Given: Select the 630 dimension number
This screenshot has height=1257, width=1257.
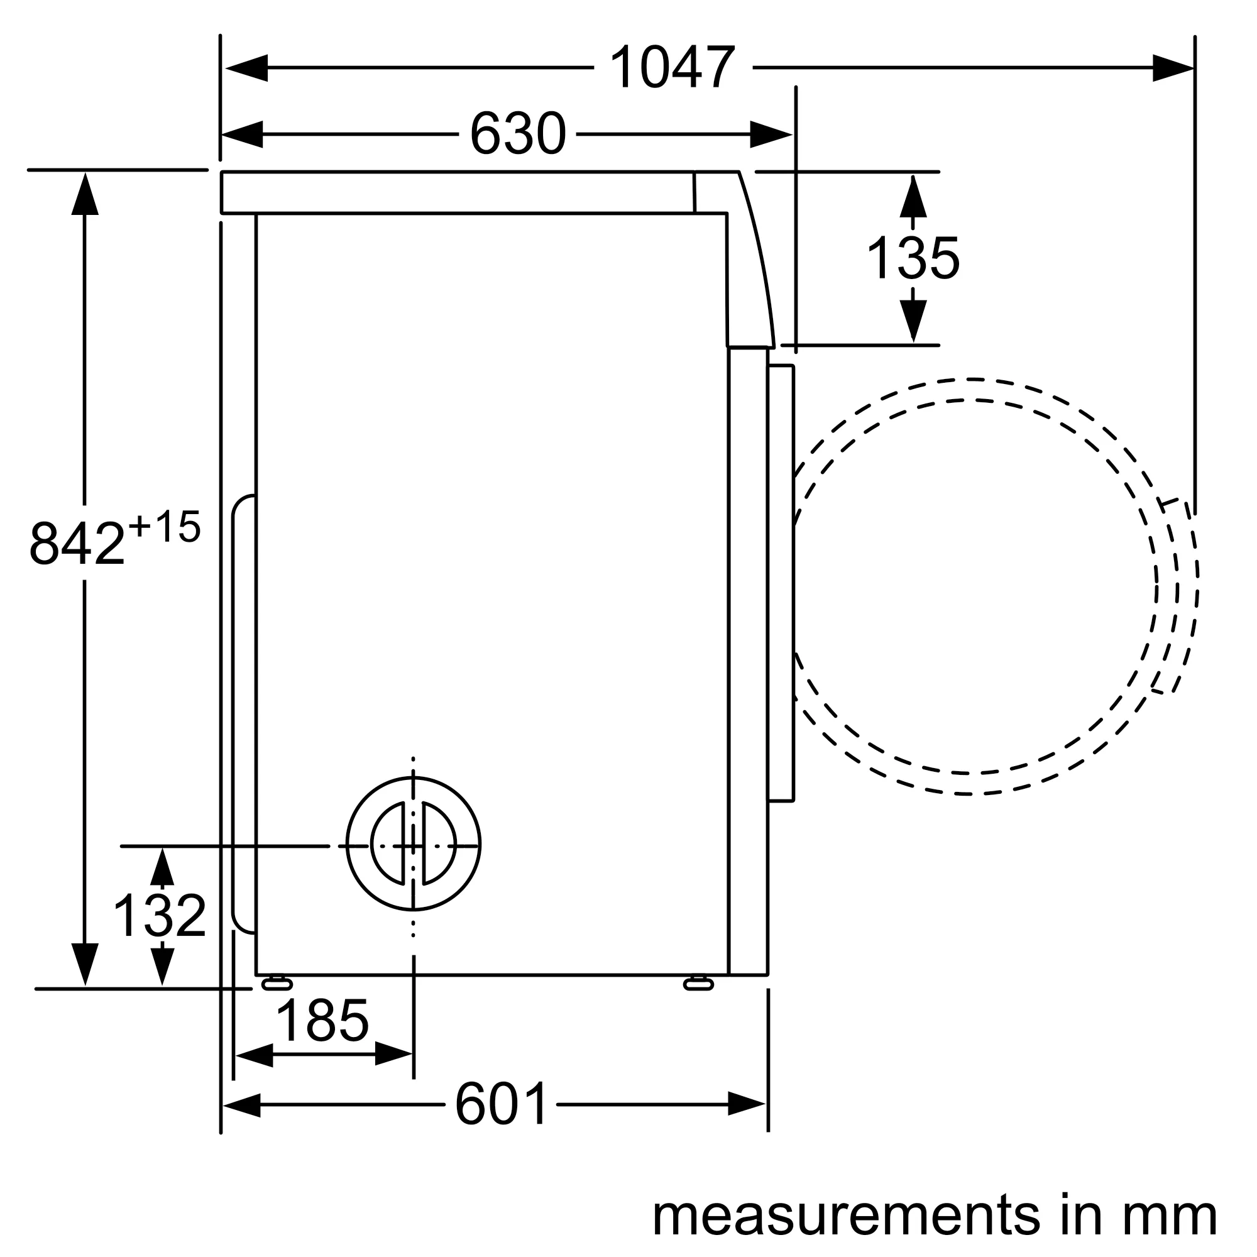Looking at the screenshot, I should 517,134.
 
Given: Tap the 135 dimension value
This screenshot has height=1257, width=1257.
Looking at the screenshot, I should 912,258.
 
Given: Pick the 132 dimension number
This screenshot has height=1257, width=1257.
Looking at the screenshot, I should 160,916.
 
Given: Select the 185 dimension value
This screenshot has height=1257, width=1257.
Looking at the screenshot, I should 322,1020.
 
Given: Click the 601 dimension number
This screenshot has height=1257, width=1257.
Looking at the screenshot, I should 501,1104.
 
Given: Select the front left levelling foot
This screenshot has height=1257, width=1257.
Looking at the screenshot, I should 277,983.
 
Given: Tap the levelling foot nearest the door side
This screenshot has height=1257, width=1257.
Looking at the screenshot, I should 698,983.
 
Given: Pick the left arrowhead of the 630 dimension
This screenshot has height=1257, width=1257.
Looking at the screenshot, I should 243,134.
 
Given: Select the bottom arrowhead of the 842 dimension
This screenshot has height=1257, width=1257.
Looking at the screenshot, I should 85,963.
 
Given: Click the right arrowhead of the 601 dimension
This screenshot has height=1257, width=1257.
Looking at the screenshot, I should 747,1104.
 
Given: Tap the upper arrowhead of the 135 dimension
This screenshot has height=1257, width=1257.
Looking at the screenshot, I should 913,195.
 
